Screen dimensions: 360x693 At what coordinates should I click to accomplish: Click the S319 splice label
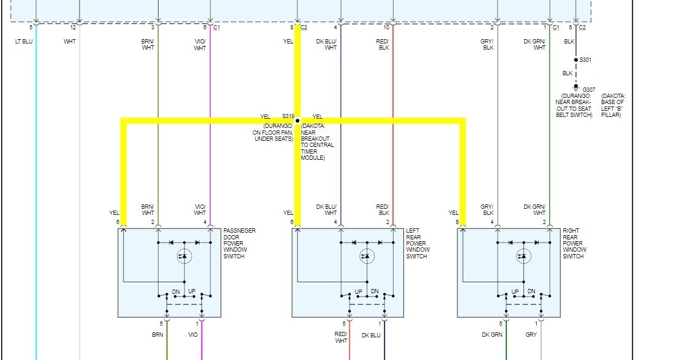coord(288,116)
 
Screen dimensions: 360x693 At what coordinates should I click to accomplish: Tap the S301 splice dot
coord(575,60)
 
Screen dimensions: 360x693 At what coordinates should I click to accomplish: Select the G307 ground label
coord(588,89)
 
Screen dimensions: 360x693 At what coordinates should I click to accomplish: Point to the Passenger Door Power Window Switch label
coord(239,244)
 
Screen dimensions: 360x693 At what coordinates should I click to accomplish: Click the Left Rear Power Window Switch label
coord(418,244)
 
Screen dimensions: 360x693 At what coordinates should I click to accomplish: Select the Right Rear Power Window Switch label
coord(574,244)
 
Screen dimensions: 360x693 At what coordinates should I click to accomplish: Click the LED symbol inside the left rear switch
coord(367,256)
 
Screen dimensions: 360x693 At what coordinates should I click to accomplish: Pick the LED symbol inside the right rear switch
coord(522,256)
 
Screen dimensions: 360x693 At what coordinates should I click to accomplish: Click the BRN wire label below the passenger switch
coord(157,335)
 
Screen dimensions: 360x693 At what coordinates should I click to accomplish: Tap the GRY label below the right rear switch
coord(531,335)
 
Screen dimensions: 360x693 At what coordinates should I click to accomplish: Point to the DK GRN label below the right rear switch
coord(492,335)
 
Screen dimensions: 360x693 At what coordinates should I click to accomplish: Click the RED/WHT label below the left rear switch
coord(341,338)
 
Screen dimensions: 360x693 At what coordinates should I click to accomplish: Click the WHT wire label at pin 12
coord(70,42)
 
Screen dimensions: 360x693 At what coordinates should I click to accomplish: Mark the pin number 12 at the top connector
coord(73,28)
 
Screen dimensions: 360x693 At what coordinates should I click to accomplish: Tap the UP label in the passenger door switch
coord(192,291)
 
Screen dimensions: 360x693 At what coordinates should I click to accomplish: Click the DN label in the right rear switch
coord(531,291)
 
